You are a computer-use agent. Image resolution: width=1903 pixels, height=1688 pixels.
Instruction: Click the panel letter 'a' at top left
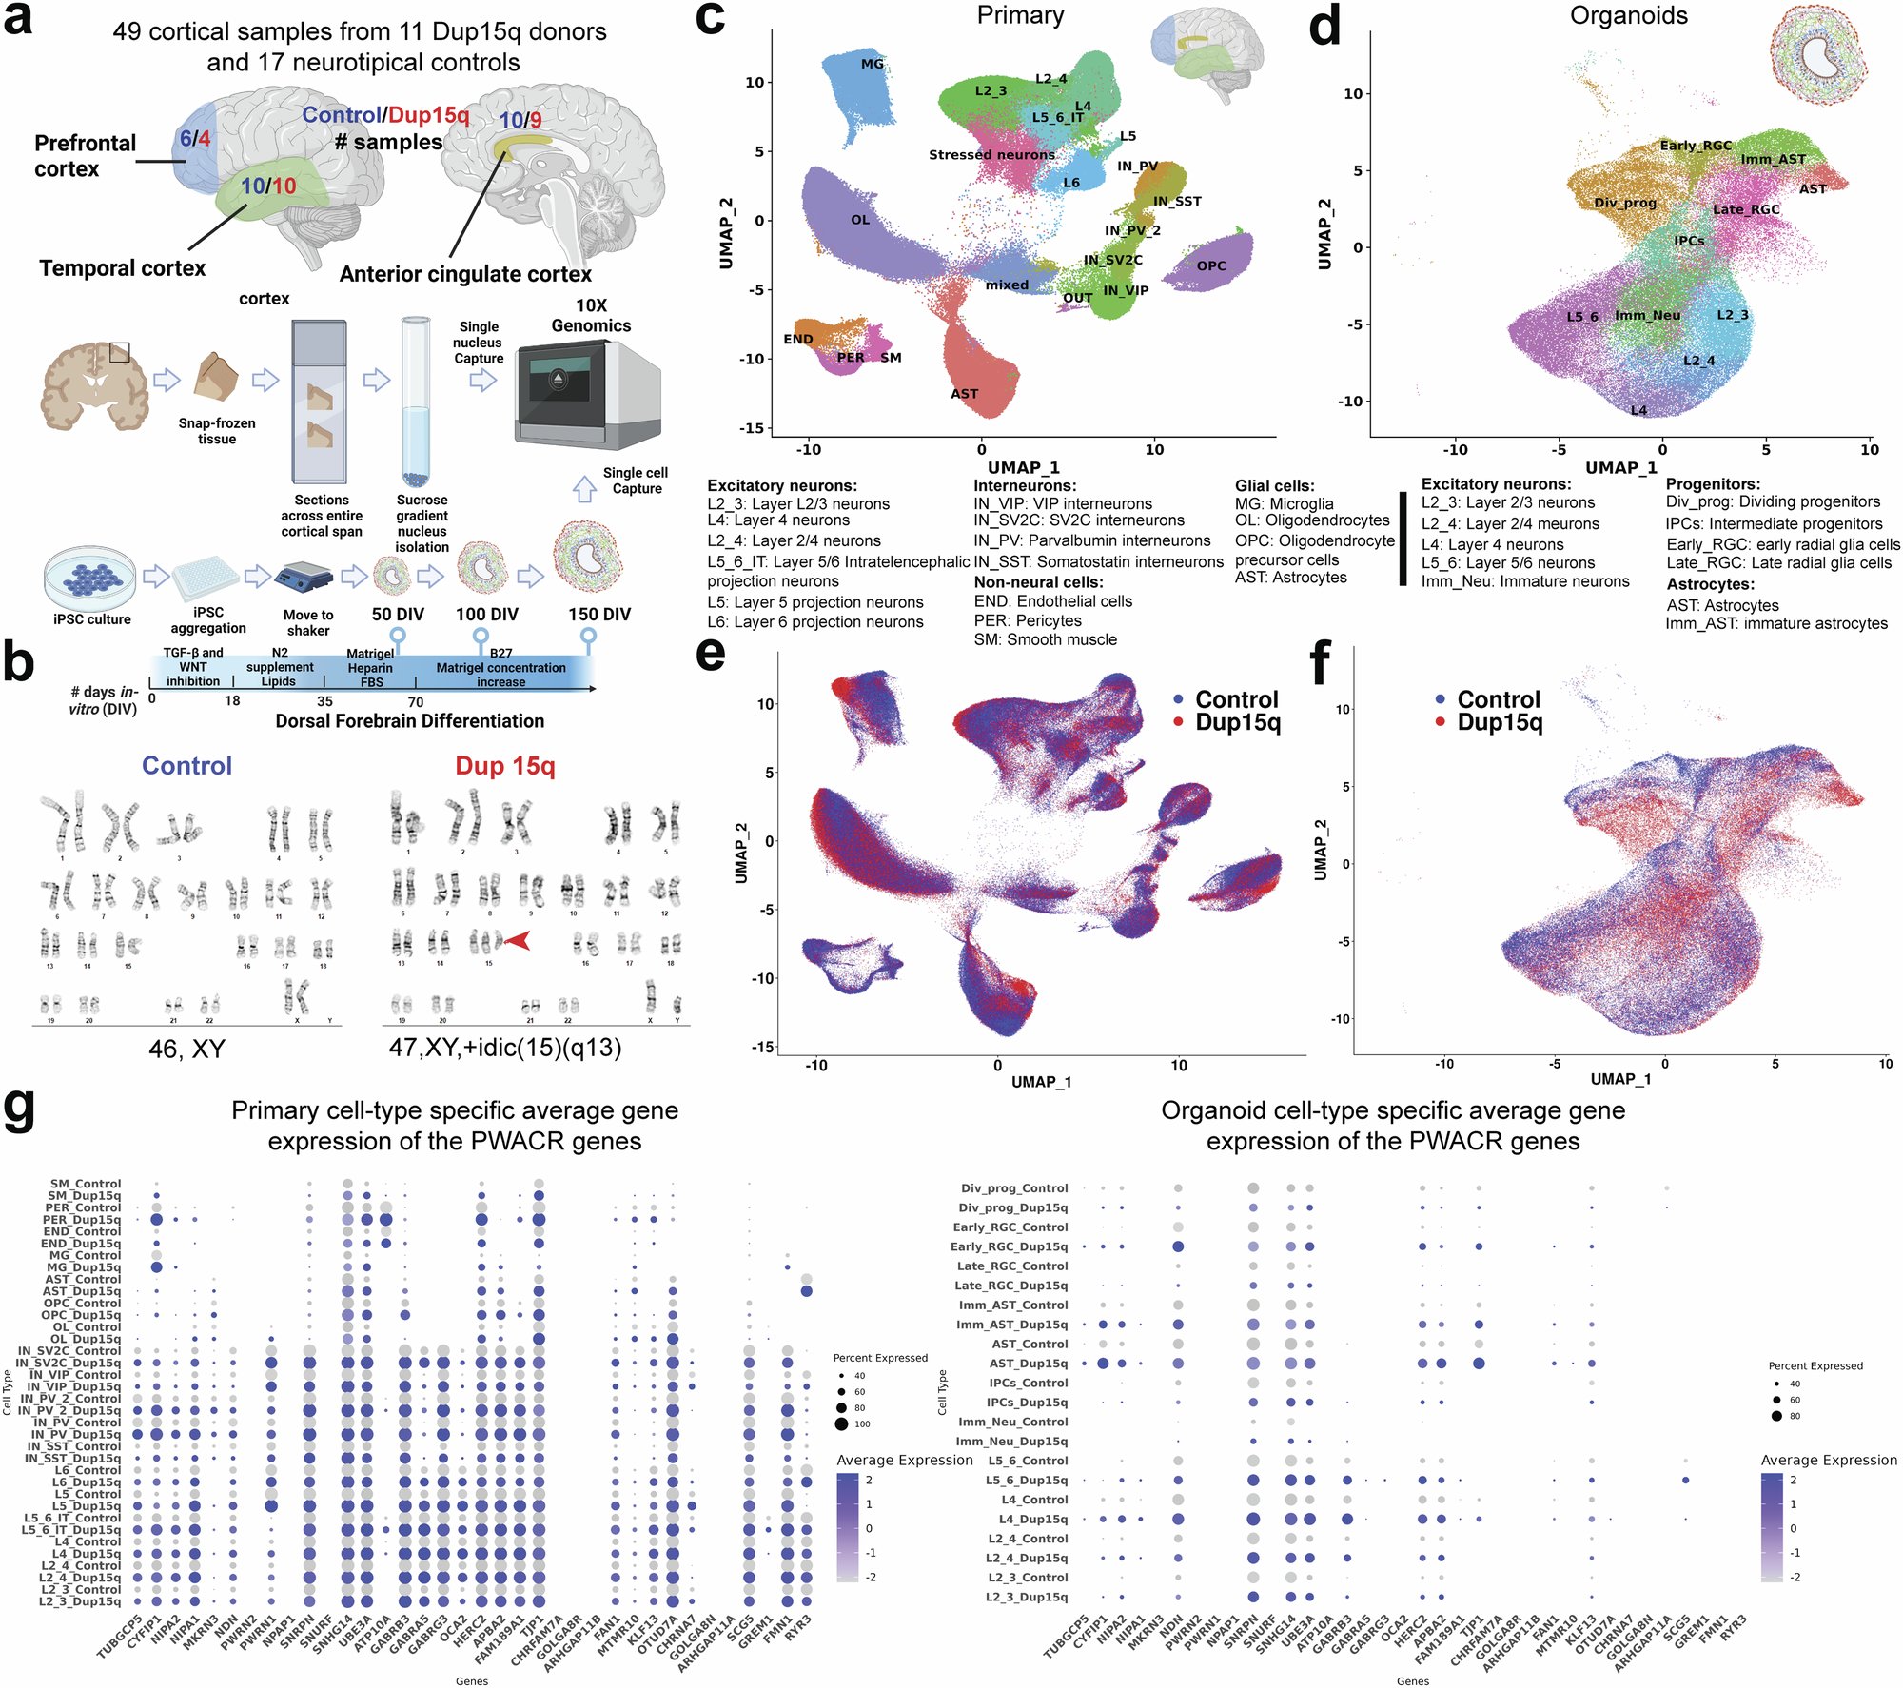tap(19, 21)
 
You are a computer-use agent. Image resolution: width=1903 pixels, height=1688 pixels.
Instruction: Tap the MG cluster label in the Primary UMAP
tap(872, 64)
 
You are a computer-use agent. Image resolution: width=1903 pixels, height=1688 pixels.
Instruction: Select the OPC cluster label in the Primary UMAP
tap(1210, 265)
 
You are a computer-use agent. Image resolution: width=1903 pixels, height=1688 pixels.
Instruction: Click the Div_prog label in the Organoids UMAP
tap(1625, 203)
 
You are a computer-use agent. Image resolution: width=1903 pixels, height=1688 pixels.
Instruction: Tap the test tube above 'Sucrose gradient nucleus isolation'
tap(416, 400)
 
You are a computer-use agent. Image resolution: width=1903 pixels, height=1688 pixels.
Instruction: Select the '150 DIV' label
tap(599, 614)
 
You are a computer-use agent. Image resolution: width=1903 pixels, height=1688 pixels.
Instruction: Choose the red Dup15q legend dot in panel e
tap(1178, 722)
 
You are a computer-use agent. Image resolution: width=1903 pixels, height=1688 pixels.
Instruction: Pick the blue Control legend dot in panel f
tap(1441, 698)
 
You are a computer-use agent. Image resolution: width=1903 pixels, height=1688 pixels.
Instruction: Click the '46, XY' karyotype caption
tap(187, 1049)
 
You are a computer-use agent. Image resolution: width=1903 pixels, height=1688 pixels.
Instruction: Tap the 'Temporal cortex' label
tap(122, 268)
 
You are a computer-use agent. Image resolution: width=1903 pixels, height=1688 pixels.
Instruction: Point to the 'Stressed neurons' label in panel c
tap(991, 154)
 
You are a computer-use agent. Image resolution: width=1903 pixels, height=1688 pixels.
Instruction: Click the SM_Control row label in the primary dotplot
tap(85, 1184)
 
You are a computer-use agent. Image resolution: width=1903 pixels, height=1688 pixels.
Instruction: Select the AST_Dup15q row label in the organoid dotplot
tap(1030, 1363)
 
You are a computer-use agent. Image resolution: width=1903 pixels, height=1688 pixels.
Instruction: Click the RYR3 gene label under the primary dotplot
tap(800, 1622)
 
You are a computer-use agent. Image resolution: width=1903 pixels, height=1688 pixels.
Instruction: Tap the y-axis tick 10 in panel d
tap(1351, 93)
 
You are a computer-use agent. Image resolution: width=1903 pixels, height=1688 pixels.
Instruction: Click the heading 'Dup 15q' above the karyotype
tap(504, 766)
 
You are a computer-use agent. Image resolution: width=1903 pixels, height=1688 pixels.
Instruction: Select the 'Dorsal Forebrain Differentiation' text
tap(409, 721)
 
